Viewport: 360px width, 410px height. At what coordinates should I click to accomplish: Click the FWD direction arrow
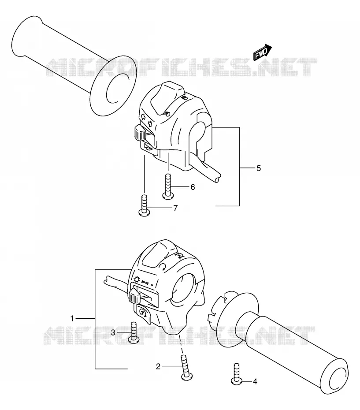pyautogui.click(x=263, y=52)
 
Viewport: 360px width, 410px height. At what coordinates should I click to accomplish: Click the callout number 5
pyautogui.click(x=259, y=168)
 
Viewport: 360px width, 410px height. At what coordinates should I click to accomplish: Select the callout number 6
pyautogui.click(x=193, y=187)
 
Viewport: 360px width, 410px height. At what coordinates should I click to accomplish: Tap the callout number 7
pyautogui.click(x=175, y=208)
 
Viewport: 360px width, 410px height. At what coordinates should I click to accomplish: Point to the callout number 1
pyautogui.click(x=72, y=318)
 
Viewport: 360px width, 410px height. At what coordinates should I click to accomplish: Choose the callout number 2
pyautogui.click(x=158, y=367)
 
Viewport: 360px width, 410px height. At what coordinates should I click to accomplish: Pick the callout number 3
pyautogui.click(x=113, y=332)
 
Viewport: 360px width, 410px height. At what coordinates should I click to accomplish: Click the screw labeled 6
pyautogui.click(x=167, y=186)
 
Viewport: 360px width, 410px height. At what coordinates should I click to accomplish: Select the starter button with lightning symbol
pyautogui.click(x=143, y=314)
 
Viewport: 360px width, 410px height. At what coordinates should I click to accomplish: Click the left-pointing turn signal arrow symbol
pyautogui.click(x=143, y=117)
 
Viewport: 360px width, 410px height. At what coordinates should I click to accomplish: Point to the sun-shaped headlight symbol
pyautogui.click(x=137, y=280)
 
